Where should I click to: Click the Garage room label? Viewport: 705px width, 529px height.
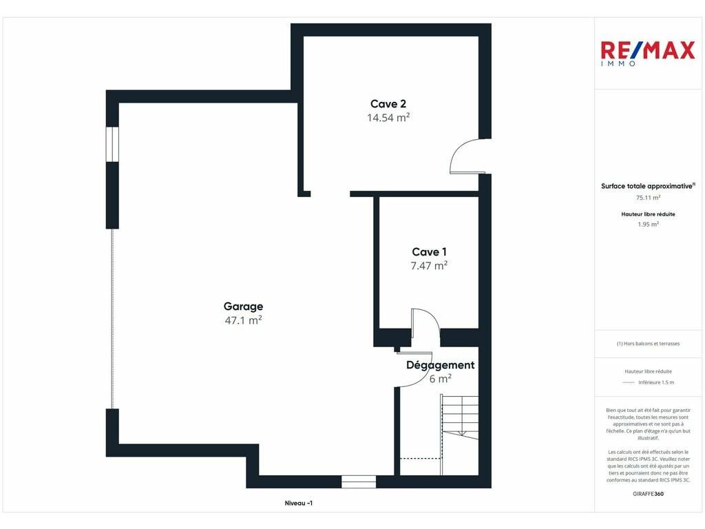(x=243, y=307)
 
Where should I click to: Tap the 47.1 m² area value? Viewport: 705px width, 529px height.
(x=243, y=320)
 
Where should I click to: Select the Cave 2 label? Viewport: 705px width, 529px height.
(x=388, y=104)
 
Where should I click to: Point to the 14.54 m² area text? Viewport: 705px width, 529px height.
(x=388, y=118)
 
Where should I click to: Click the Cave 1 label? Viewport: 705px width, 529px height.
(x=429, y=252)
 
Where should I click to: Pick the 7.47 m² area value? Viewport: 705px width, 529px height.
(x=429, y=266)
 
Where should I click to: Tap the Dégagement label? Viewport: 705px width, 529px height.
(x=440, y=365)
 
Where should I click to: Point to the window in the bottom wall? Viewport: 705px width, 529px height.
(x=358, y=481)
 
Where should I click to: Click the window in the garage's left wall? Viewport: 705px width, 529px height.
(x=112, y=145)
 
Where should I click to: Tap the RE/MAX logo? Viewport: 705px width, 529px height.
(x=647, y=52)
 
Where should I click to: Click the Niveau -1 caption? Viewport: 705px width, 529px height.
(x=299, y=504)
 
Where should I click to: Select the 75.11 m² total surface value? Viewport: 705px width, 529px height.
(x=648, y=198)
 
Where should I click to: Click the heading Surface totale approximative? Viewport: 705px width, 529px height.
(x=648, y=186)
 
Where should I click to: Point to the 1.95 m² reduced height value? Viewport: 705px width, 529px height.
(x=648, y=225)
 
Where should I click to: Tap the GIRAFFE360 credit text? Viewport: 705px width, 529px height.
(x=648, y=494)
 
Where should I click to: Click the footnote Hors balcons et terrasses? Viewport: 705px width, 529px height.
(x=648, y=344)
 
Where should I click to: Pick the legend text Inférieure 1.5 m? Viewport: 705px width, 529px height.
(x=656, y=383)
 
